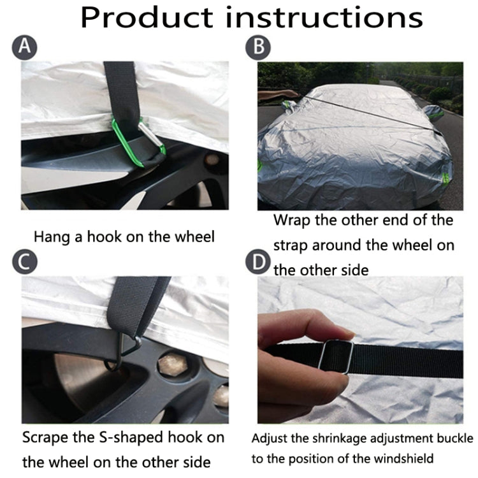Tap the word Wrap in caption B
coord(293,221)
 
